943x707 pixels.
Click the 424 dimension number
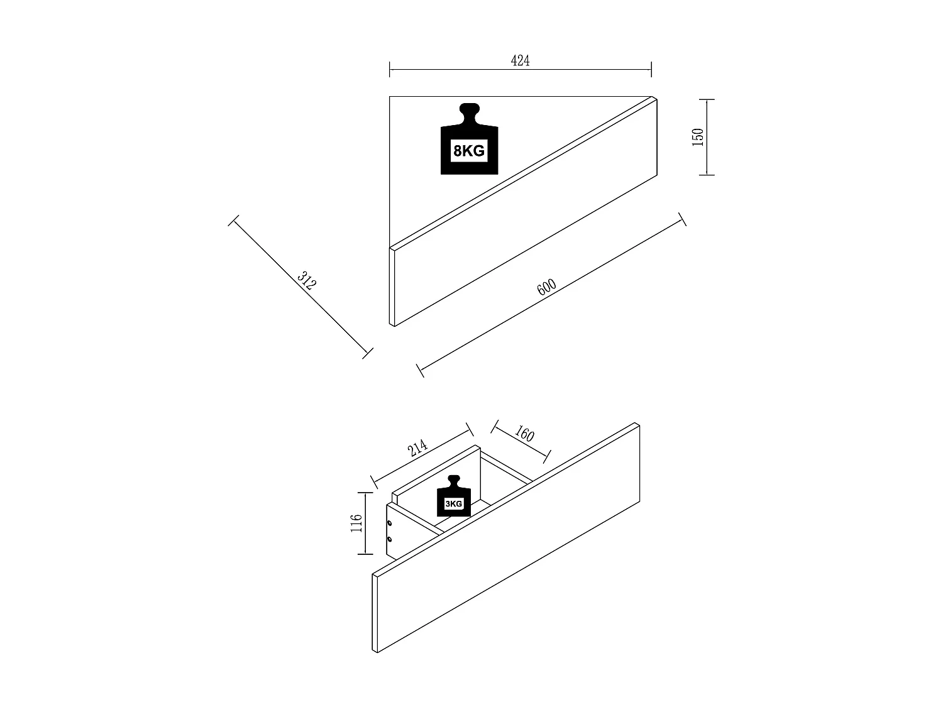pos(520,60)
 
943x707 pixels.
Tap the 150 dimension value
pos(698,137)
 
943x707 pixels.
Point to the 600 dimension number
pos(546,287)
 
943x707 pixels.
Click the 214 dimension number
pos(417,447)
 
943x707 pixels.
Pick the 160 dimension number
pos(524,434)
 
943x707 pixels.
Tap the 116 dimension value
pos(356,523)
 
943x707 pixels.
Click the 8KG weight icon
pos(469,139)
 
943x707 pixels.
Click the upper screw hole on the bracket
pos(389,523)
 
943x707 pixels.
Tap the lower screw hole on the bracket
pos(389,539)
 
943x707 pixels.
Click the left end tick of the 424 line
pos(390,69)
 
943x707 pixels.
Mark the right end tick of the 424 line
pos(651,69)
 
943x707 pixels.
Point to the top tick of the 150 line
pos(707,99)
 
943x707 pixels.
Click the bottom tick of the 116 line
pos(365,554)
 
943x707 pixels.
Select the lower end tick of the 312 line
pos(367,353)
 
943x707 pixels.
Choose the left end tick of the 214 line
pos(374,482)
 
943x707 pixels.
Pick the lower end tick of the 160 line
pos(547,457)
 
